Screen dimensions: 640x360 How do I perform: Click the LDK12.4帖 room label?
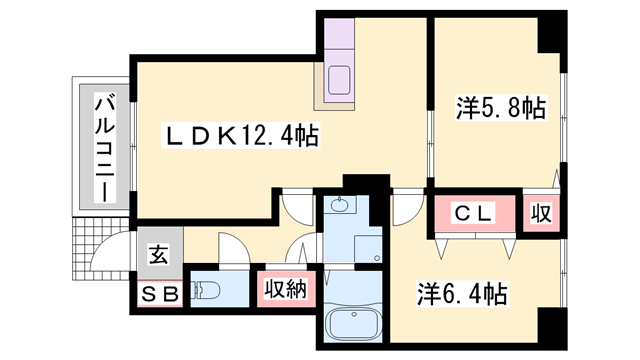click(241, 135)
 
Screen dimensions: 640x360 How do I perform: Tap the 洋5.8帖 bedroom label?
click(501, 108)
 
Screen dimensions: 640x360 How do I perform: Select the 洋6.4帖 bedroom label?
click(462, 294)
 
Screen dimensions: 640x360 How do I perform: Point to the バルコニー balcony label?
click(105, 148)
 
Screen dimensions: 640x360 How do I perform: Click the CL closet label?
click(473, 213)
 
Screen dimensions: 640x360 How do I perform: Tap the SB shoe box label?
click(159, 293)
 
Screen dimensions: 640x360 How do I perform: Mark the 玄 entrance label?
click(158, 255)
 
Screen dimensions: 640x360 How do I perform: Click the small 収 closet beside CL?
click(541, 213)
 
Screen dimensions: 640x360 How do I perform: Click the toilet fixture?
click(205, 290)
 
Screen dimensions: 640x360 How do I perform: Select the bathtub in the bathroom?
click(354, 323)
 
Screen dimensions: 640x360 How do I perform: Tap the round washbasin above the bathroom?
click(338, 204)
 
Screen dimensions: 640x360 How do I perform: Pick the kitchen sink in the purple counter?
click(339, 80)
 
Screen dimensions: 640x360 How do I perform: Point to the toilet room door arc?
click(234, 248)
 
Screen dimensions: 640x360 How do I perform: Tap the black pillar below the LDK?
click(366, 182)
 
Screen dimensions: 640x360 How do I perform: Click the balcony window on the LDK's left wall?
click(133, 146)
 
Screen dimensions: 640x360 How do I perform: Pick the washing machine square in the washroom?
click(368, 249)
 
